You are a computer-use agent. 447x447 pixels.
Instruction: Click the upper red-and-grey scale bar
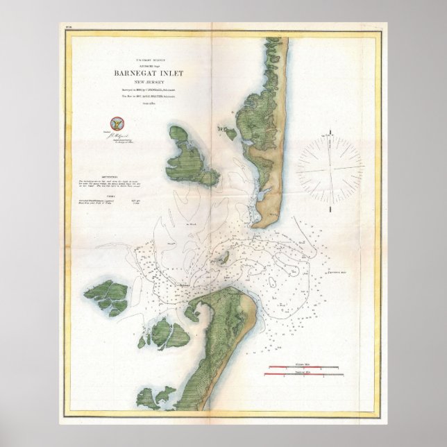[x=303, y=365]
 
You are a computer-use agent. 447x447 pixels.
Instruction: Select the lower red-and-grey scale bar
[x=303, y=375]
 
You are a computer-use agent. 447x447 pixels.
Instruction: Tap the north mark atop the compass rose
[x=330, y=130]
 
